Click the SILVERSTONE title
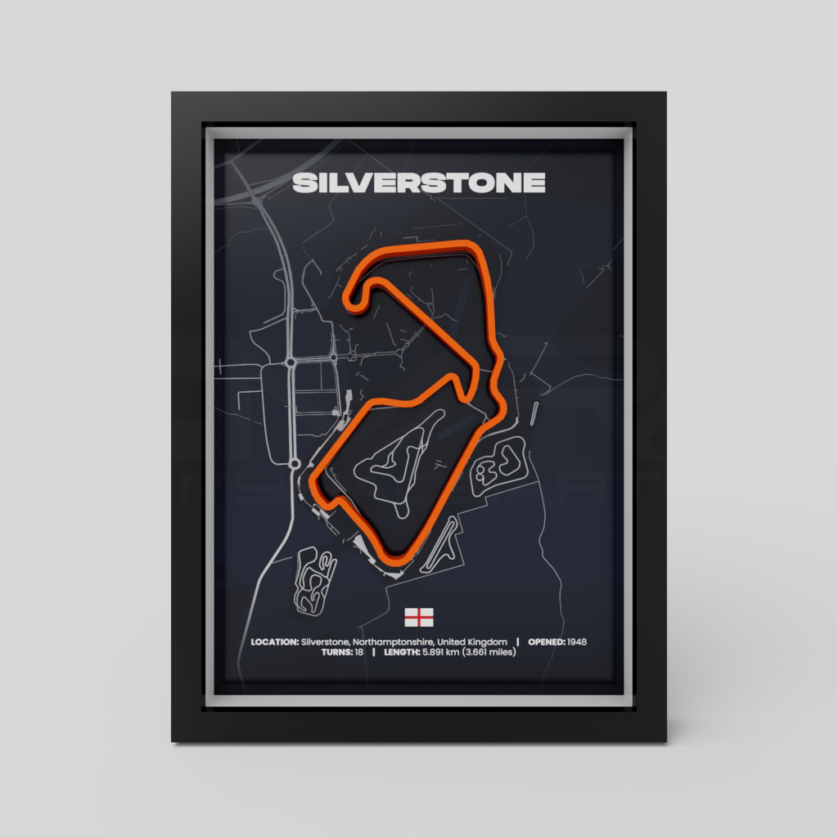tap(418, 182)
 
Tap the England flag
tap(419, 616)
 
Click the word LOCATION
tap(274, 642)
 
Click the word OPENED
tap(546, 642)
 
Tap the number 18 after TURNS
tap(359, 653)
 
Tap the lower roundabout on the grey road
tap(294, 465)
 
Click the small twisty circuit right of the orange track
tap(499, 464)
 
